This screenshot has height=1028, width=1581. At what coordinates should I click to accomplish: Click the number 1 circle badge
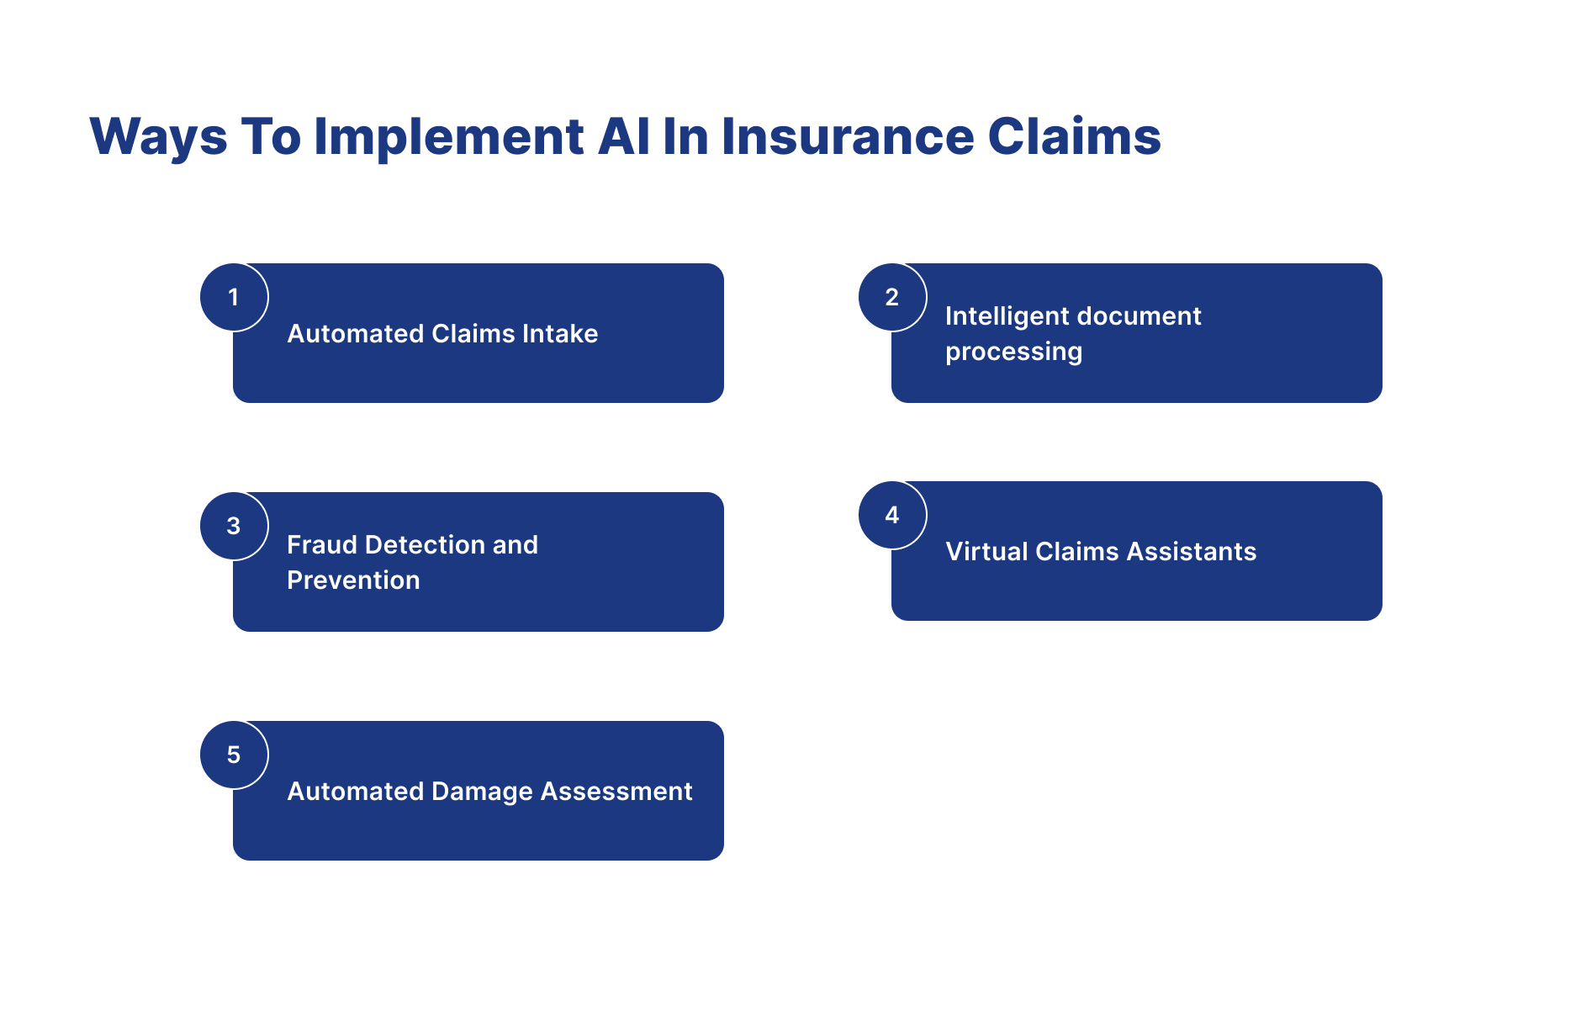[x=234, y=297]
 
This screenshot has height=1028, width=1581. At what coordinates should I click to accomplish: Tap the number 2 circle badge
[x=892, y=297]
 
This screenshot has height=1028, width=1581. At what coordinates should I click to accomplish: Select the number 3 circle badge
[x=234, y=526]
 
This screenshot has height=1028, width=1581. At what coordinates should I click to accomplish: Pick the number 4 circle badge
[x=892, y=515]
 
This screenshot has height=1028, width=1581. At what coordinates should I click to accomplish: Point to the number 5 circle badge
[x=234, y=755]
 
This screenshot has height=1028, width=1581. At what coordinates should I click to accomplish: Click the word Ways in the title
[x=158, y=137]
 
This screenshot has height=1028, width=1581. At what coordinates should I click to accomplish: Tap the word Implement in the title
[x=448, y=137]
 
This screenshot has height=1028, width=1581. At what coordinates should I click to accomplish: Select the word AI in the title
[x=623, y=137]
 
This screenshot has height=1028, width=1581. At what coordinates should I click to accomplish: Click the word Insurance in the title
[x=847, y=137]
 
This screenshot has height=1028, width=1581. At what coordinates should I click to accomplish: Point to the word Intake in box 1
[x=559, y=334]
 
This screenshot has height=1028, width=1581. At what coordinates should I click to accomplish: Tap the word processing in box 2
[x=1013, y=352]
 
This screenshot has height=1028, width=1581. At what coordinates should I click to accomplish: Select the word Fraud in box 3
[x=322, y=545]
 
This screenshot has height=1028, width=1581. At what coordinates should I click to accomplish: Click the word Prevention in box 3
[x=353, y=580]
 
